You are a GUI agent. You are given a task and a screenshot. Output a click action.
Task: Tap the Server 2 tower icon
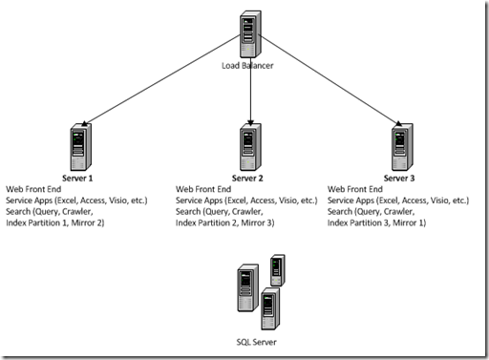click(250, 145)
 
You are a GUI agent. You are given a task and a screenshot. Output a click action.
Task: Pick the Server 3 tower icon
click(401, 145)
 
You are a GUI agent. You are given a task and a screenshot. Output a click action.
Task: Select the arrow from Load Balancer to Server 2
click(249, 95)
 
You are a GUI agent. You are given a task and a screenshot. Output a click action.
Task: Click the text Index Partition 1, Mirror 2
click(55, 223)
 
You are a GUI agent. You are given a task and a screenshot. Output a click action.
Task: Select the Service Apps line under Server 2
click(246, 201)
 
